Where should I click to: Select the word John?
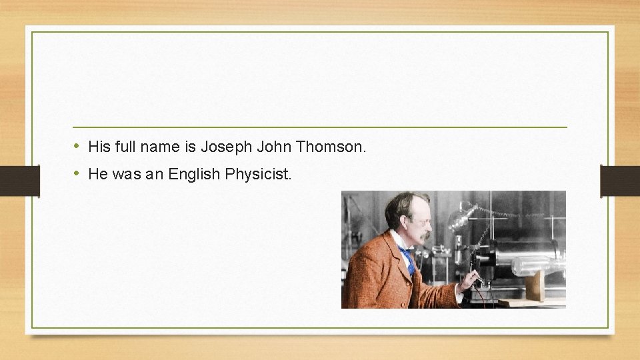(x=274, y=147)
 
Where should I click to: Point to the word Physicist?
(x=259, y=175)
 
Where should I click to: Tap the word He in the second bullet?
(x=98, y=175)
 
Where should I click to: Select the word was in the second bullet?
(x=127, y=175)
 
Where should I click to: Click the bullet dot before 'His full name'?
(x=77, y=146)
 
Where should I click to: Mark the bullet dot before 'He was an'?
(x=77, y=174)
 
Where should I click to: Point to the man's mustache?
(x=425, y=235)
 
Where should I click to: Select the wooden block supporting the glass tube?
(x=534, y=287)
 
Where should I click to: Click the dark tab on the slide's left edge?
(x=19, y=181)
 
